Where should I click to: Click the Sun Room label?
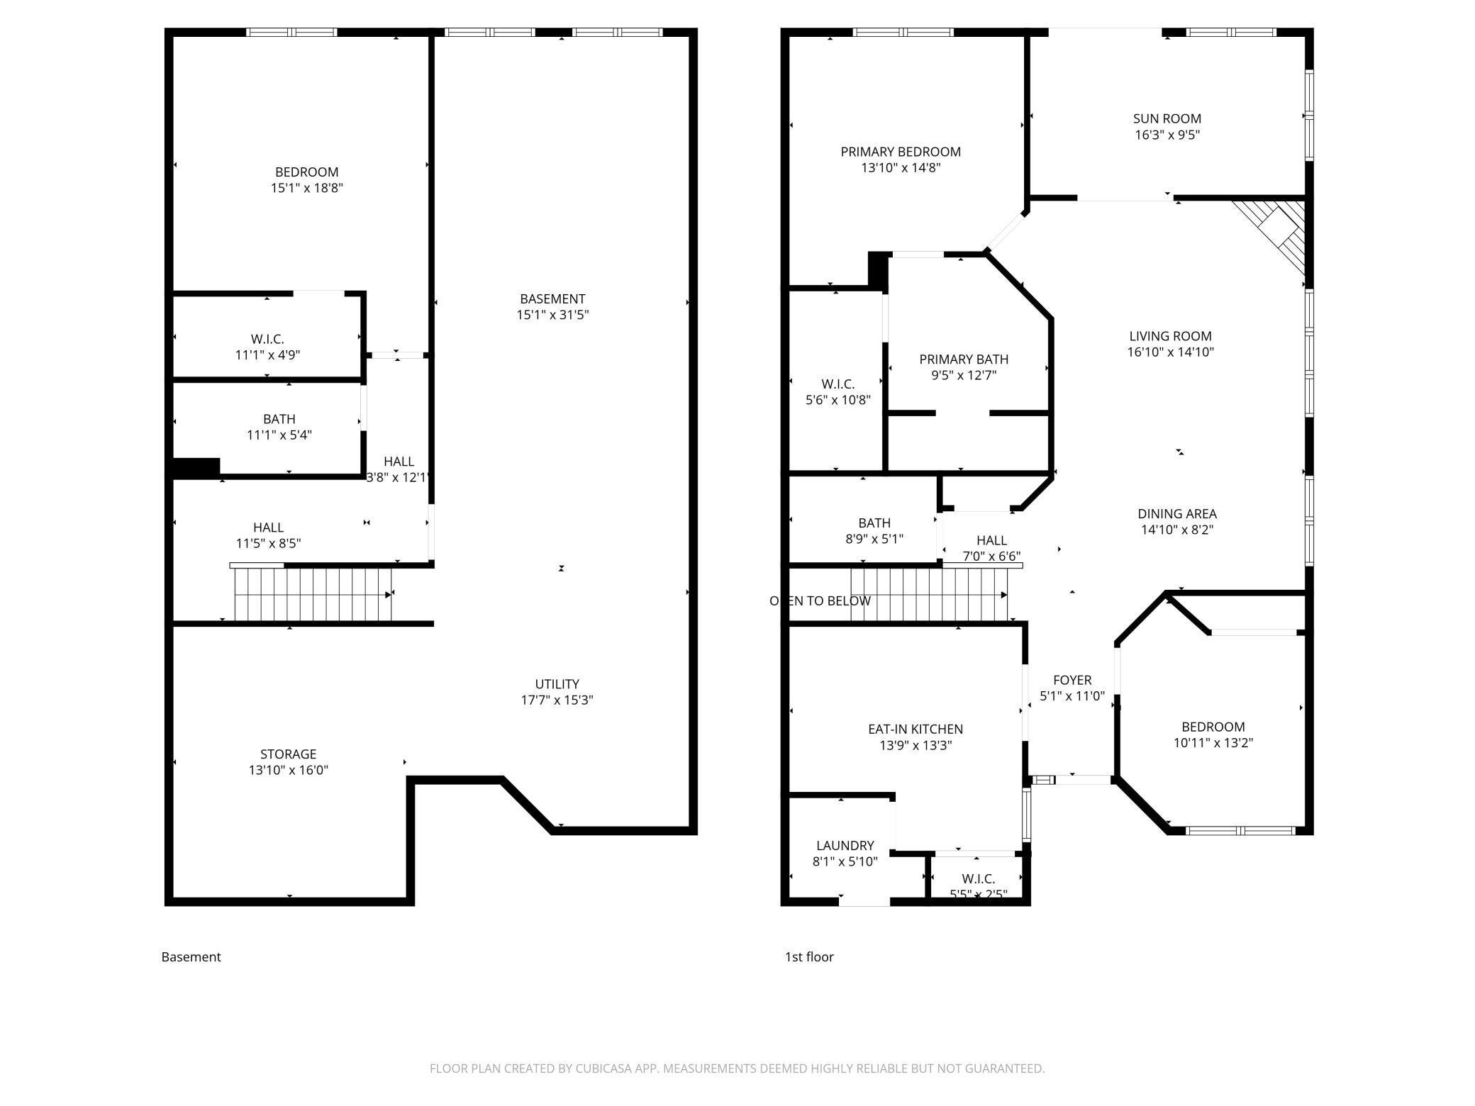[1167, 119]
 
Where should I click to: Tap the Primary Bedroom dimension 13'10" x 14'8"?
[901, 168]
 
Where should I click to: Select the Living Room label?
[1170, 336]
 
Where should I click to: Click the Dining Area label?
[1177, 514]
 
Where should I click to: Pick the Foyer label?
[1072, 681]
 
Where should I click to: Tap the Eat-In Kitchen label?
[915, 730]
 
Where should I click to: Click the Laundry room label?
[845, 846]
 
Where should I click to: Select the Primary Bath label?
[964, 359]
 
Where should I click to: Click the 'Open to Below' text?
[820, 601]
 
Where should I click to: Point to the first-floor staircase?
[930, 595]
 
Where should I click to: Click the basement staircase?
[313, 593]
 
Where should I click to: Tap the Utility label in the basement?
[557, 684]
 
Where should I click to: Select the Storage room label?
[288, 754]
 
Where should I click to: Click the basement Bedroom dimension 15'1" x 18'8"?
[306, 189]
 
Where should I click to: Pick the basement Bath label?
[279, 419]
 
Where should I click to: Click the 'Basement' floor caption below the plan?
[191, 957]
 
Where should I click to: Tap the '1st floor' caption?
[808, 957]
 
